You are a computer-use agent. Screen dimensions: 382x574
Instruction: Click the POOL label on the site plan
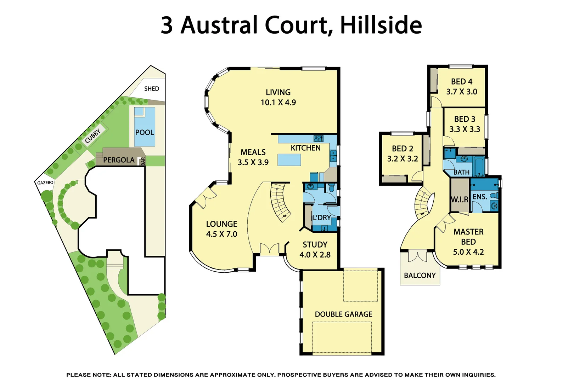point(144,132)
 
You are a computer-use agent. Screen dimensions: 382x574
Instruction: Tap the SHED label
point(152,88)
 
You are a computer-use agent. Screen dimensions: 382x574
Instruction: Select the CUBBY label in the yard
point(93,135)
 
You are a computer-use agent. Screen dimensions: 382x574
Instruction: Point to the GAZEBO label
point(45,183)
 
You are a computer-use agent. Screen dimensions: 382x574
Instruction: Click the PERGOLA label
point(119,160)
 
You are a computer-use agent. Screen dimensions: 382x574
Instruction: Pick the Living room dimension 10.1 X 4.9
point(278,103)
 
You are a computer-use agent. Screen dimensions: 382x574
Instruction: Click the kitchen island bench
point(289,160)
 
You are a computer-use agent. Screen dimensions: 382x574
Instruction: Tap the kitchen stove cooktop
point(318,138)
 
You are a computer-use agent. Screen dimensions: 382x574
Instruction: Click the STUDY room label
point(315,244)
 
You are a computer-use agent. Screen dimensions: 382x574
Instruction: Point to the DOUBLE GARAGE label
point(343,314)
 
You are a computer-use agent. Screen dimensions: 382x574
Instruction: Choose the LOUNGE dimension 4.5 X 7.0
point(221,234)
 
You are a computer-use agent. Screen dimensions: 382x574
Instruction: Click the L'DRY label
point(321,218)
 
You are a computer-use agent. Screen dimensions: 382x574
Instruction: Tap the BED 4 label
point(461,82)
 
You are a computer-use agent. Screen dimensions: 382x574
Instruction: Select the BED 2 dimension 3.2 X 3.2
point(403,159)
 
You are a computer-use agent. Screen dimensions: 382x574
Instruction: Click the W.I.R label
point(460,199)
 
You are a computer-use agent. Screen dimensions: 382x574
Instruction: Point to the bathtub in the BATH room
point(479,166)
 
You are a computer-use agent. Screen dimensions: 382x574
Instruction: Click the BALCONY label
point(420,275)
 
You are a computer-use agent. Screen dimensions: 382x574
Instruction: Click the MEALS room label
point(253,152)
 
